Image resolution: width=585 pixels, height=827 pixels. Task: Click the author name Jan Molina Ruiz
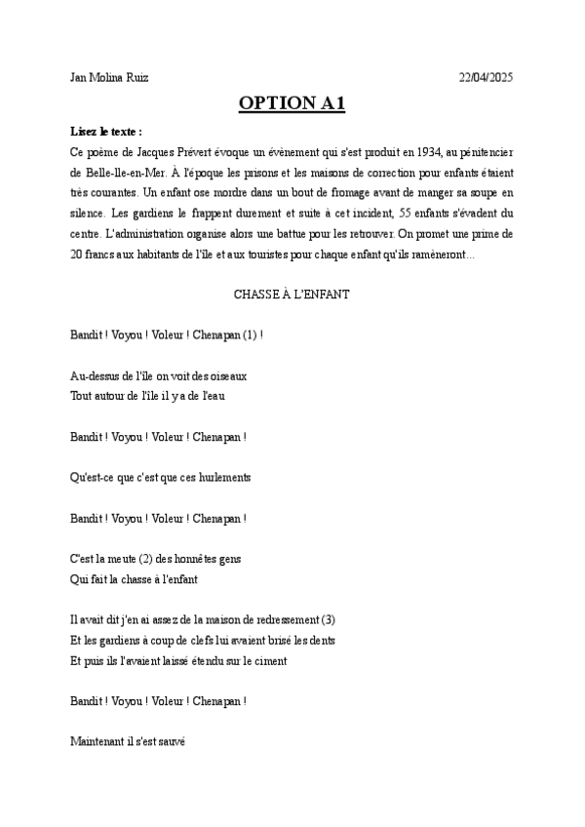click(109, 77)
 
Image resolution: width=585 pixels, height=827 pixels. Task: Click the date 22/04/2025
click(486, 77)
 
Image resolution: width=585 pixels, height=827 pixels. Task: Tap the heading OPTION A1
click(292, 104)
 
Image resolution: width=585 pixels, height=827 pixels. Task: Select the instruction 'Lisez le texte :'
click(106, 131)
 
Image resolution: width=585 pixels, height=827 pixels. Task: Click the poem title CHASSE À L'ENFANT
click(292, 294)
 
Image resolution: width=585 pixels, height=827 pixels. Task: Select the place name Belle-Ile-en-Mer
click(134, 172)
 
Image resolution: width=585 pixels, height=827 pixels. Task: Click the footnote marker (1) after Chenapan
click(252, 334)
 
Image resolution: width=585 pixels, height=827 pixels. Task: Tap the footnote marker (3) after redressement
click(328, 619)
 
